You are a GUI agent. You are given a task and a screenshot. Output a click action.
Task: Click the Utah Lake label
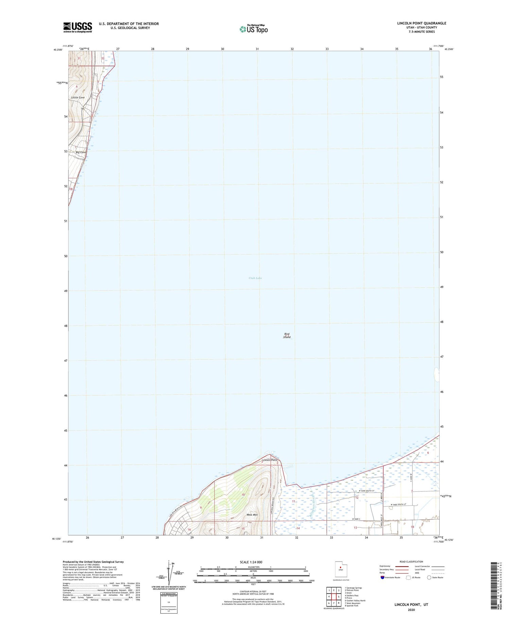coord(255,278)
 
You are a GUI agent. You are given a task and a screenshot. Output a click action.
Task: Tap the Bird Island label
coord(287,336)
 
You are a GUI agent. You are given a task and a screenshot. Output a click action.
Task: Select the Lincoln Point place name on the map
coord(269,460)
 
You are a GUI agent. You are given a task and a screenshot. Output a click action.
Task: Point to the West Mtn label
coord(252,515)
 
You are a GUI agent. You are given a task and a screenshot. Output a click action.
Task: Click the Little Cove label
coord(78,98)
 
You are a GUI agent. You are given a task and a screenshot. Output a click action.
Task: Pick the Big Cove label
coord(81,152)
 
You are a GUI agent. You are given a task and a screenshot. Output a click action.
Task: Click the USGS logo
coord(78,27)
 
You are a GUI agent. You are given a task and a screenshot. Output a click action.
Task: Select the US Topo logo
coord(254,29)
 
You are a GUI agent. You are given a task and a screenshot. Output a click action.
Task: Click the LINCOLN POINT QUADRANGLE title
coord(422,23)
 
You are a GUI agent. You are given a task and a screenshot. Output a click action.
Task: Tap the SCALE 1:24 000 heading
coord(251,562)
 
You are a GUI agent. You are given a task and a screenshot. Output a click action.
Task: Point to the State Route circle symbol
coord(429,578)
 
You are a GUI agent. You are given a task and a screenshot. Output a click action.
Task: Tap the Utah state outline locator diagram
coord(340,569)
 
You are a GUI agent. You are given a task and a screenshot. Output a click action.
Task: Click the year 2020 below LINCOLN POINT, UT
coord(411,610)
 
